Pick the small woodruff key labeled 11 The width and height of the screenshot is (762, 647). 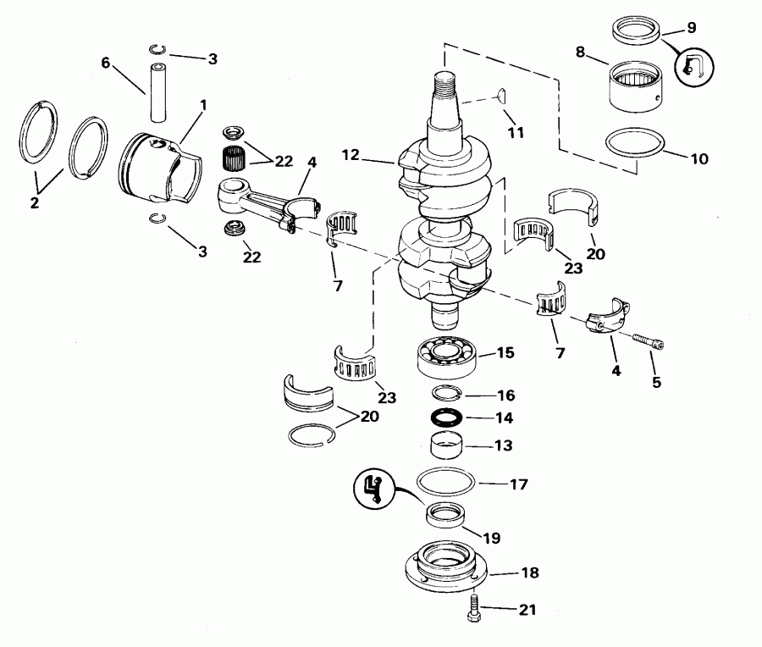point(500,93)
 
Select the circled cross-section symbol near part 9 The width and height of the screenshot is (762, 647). point(693,65)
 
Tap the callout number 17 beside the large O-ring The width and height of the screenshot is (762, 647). point(519,484)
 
